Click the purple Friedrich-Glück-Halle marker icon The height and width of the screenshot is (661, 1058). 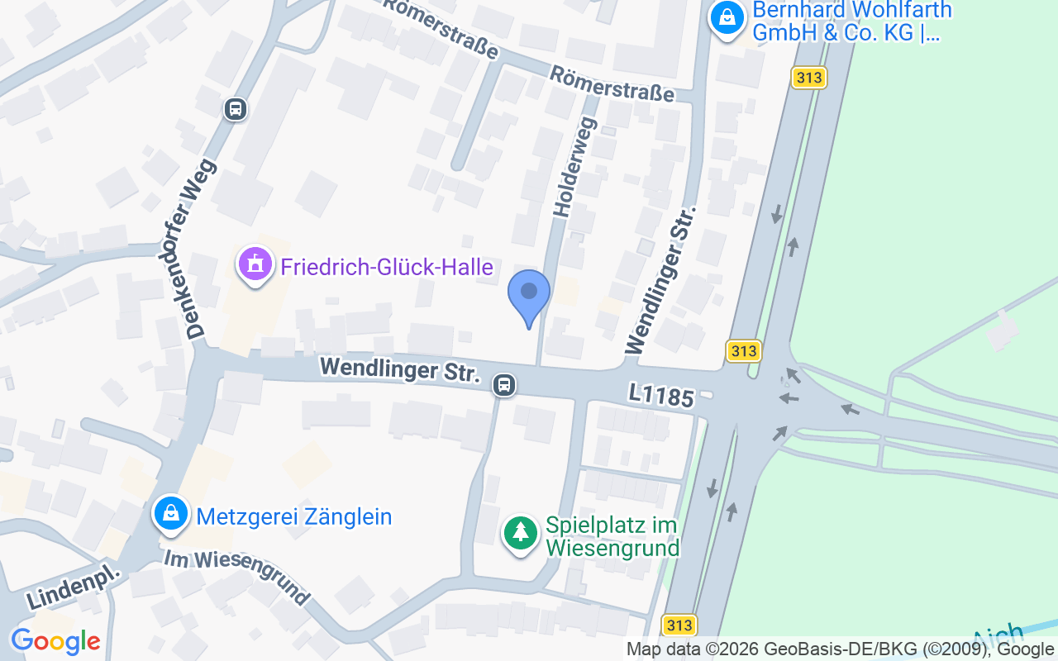pyautogui.click(x=255, y=265)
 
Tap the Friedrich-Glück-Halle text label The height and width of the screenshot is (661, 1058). pyautogui.click(x=387, y=267)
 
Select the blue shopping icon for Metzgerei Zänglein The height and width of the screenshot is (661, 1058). pyautogui.click(x=170, y=515)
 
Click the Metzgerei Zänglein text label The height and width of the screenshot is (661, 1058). pyautogui.click(x=293, y=517)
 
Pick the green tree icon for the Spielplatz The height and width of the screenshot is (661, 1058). pyautogui.click(x=520, y=533)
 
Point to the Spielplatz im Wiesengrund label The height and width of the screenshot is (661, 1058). pyautogui.click(x=612, y=536)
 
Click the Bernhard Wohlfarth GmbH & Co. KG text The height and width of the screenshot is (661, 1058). pyautogui.click(x=851, y=21)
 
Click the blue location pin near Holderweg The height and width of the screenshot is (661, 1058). pyautogui.click(x=528, y=295)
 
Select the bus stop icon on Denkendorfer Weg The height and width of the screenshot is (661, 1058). pyautogui.click(x=236, y=108)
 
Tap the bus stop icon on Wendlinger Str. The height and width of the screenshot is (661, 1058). pyautogui.click(x=503, y=384)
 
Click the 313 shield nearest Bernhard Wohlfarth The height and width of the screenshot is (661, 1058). pyautogui.click(x=808, y=78)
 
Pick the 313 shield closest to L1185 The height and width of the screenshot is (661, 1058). pyautogui.click(x=744, y=350)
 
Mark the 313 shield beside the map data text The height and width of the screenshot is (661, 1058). pyautogui.click(x=679, y=625)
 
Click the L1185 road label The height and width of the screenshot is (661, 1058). pyautogui.click(x=660, y=396)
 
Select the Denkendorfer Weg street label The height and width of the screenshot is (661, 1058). pyautogui.click(x=202, y=249)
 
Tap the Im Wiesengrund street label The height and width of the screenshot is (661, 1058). pyautogui.click(x=236, y=576)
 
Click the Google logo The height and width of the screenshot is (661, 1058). pyautogui.click(x=55, y=641)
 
